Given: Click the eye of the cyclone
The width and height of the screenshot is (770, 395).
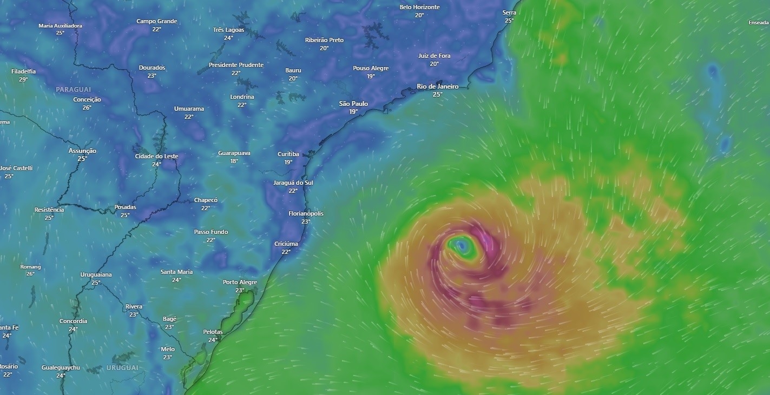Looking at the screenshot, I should [x=462, y=246].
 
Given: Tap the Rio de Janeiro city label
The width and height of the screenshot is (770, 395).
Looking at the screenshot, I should [x=437, y=86].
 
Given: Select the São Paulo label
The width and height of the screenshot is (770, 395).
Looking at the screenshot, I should [x=353, y=104].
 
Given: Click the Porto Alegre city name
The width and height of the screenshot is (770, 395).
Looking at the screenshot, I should [x=240, y=282].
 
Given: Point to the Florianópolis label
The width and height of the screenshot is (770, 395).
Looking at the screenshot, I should [x=306, y=213].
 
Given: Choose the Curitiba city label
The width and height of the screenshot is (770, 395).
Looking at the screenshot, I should [x=288, y=154].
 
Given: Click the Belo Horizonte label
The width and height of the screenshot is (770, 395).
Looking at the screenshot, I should [x=419, y=7].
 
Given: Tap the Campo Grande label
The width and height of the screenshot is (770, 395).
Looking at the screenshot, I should [x=156, y=21].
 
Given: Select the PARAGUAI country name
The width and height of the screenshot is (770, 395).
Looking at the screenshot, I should [x=73, y=89].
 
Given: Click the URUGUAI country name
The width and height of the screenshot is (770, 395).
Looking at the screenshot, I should [x=122, y=368].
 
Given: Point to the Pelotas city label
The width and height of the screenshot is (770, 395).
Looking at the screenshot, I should [x=213, y=332].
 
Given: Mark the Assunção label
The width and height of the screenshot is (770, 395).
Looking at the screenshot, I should [x=82, y=151].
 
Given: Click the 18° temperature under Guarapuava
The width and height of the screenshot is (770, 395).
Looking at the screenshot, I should [x=234, y=161].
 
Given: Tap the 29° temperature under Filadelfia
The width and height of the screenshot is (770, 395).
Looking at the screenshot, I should [x=23, y=79].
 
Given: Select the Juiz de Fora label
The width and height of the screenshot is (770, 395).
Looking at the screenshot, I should [x=434, y=56].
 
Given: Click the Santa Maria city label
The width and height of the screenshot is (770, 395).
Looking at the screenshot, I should [x=176, y=272].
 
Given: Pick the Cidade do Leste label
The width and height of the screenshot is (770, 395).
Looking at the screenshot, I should [x=156, y=156].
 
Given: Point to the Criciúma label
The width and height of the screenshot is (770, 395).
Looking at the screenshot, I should [x=286, y=244].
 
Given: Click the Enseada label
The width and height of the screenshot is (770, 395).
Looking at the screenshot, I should [x=758, y=23].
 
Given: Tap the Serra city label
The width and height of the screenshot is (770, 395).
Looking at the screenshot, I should [x=509, y=12].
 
